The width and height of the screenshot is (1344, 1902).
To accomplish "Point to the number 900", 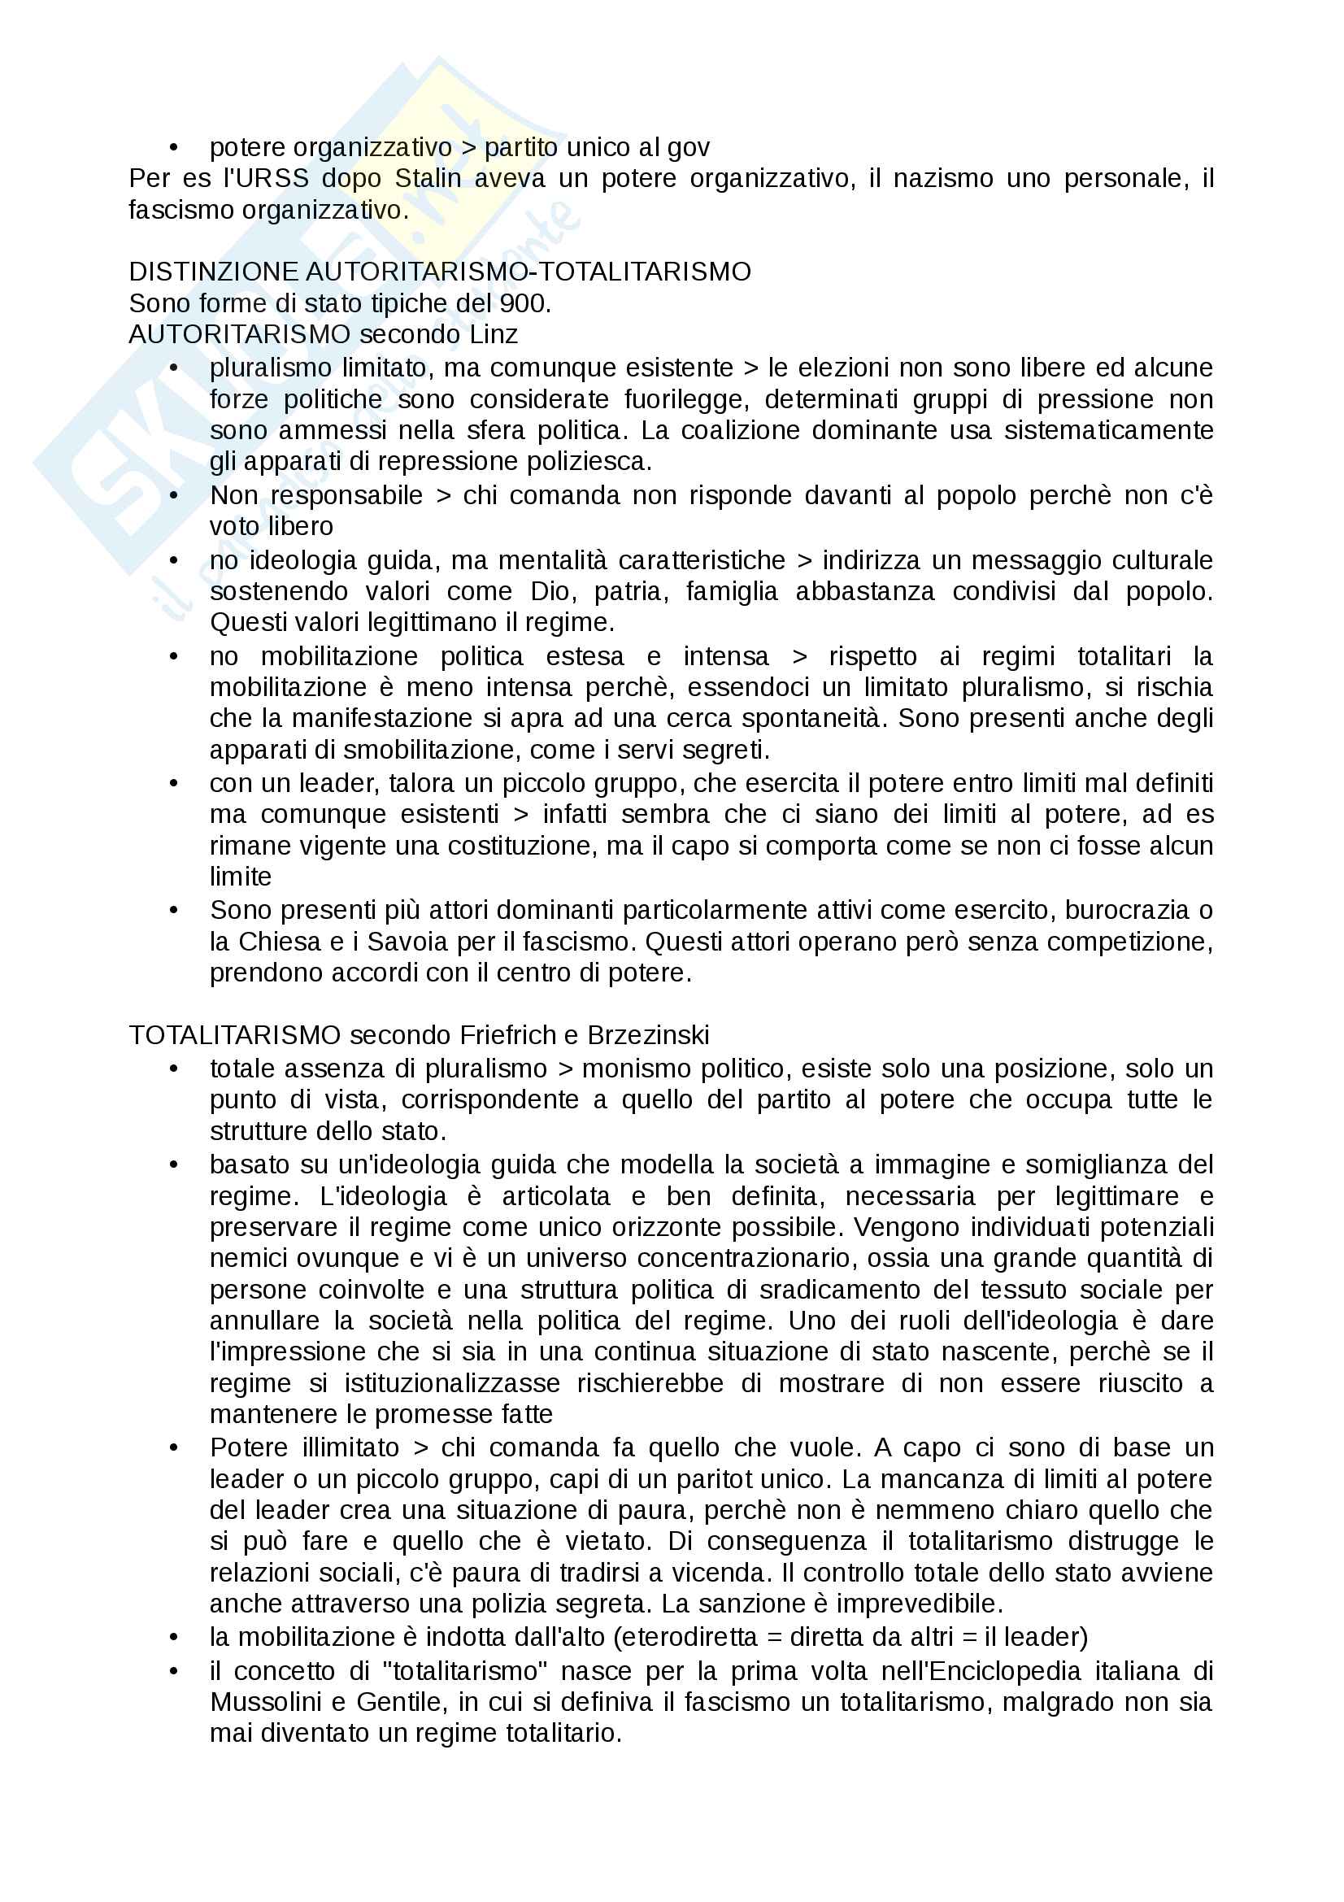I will (x=524, y=303).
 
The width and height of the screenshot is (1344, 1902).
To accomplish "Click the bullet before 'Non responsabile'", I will (x=174, y=495).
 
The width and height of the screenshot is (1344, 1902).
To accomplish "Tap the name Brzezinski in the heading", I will (x=648, y=1035).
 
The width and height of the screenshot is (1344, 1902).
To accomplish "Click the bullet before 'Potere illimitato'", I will (x=174, y=1448).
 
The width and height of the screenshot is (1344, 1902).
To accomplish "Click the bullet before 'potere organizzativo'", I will (x=174, y=147).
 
